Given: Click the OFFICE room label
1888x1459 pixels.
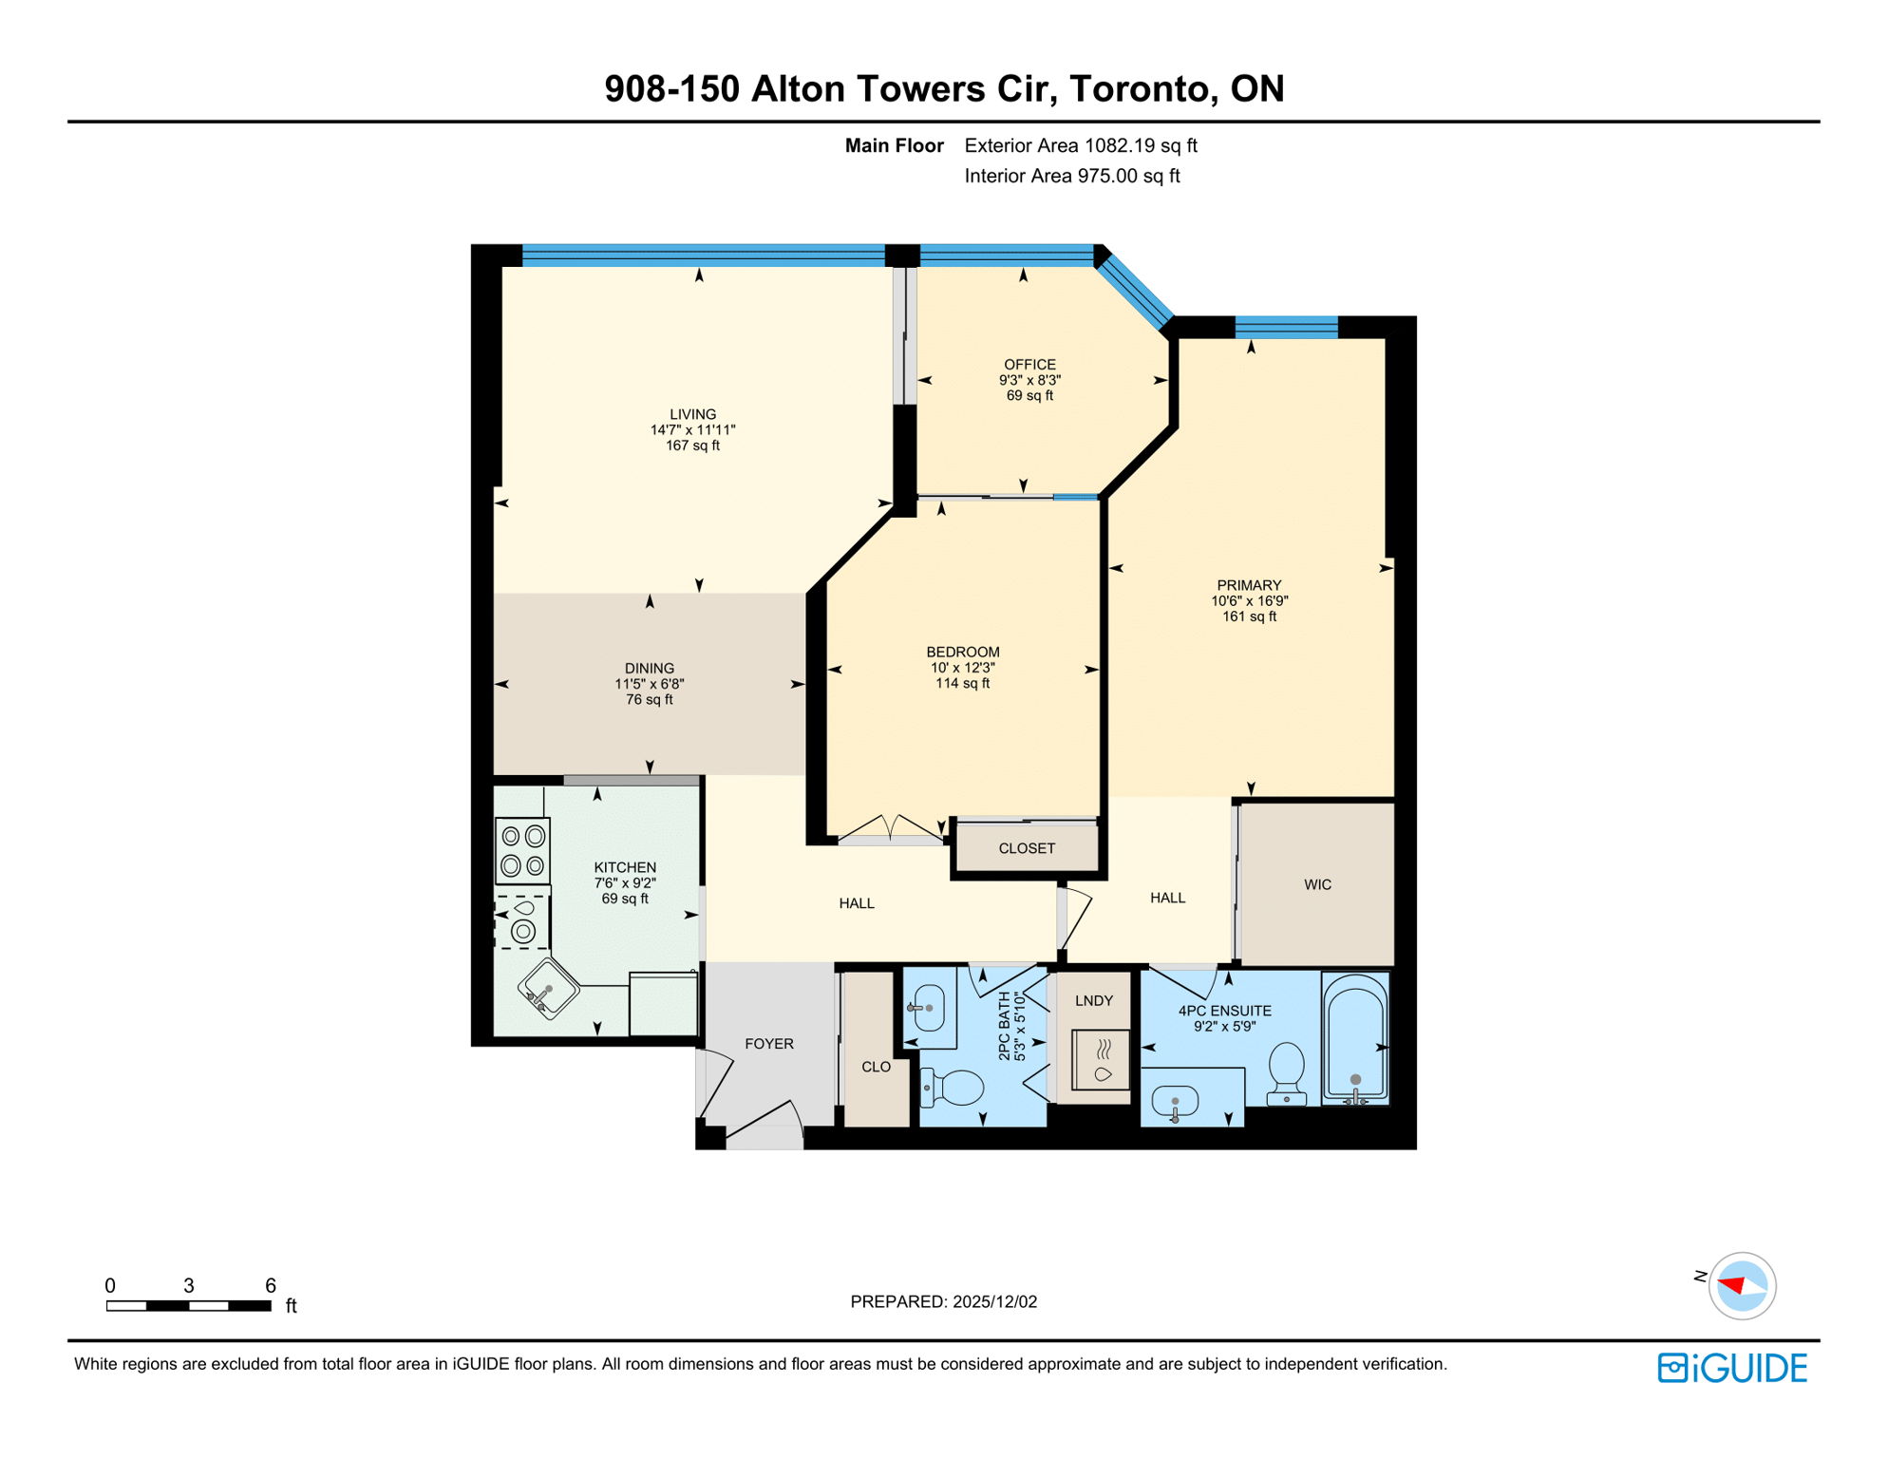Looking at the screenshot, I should point(1029,365).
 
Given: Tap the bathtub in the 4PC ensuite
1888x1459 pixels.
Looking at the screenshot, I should point(1355,1037).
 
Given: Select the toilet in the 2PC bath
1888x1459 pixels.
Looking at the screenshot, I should point(953,1089).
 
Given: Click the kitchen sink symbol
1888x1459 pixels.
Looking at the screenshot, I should point(548,988).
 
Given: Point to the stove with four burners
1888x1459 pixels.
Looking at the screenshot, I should point(522,851).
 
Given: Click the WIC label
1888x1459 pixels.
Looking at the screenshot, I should point(1317,884).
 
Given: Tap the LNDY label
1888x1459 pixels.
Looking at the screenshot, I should point(1093,1000).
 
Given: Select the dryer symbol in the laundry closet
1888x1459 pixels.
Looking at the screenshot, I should point(1101,1059).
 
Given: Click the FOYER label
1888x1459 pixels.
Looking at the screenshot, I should point(768,1044).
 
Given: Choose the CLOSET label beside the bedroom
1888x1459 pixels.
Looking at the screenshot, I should point(1027,848).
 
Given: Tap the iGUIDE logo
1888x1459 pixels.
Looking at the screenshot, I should point(1732,1368).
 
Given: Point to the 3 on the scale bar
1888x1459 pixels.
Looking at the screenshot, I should point(189,1285).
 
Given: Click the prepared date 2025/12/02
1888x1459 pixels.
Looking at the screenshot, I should point(994,1301).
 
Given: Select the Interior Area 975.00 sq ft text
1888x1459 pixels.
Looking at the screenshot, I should point(1071,176).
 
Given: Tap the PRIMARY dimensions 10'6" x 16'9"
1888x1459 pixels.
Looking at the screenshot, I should point(1249,601).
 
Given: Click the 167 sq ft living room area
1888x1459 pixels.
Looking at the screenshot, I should point(692,445).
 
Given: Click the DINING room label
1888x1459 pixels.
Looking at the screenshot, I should point(650,669).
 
